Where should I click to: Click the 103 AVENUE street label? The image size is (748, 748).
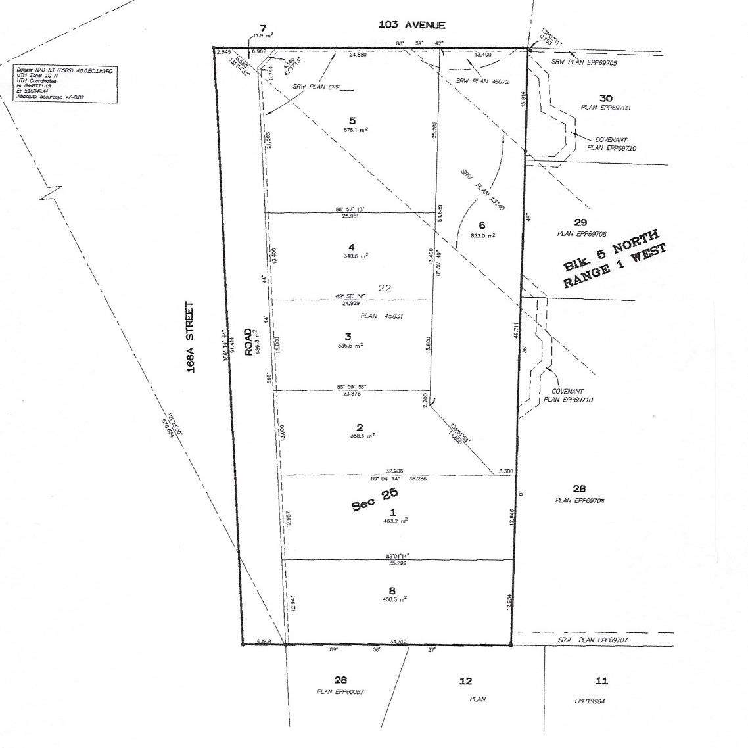tap(411, 25)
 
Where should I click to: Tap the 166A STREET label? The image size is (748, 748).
tap(191, 338)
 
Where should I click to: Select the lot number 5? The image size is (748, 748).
tap(353, 120)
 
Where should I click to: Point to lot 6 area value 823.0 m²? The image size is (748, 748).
tap(482, 235)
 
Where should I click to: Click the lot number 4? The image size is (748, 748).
tap(352, 247)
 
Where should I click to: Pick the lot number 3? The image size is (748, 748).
tap(348, 336)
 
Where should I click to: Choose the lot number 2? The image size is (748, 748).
tap(359, 427)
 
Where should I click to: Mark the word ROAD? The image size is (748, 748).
tap(249, 342)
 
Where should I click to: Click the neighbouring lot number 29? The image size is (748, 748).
tap(580, 223)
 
